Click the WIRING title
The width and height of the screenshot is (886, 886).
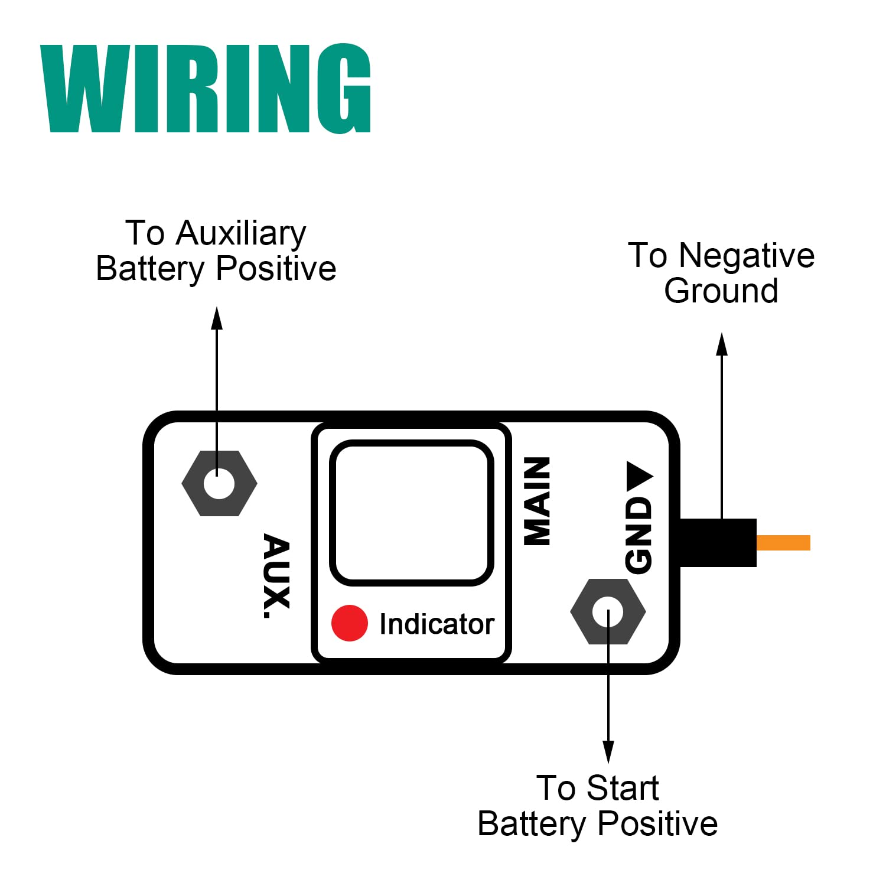coord(206,89)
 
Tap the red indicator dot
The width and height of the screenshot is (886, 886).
coord(349,623)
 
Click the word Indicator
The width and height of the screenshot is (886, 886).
coord(437,624)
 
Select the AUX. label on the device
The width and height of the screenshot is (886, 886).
coord(276,576)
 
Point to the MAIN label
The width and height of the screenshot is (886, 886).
coord(538,501)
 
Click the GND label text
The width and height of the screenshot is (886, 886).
coord(639,535)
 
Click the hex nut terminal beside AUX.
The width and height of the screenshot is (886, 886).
coord(219,484)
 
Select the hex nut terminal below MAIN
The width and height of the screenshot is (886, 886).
coord(608,612)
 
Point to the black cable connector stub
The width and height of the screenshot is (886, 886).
coord(718,543)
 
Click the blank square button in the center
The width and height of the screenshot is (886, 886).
coord(412,513)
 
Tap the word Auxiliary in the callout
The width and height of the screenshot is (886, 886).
coord(241,233)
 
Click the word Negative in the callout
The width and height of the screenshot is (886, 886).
coord(747,256)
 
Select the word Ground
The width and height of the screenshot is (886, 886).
coord(721,291)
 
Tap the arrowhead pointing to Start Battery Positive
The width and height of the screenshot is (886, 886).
coord(608,751)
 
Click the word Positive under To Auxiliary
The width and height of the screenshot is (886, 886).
coord(276,269)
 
